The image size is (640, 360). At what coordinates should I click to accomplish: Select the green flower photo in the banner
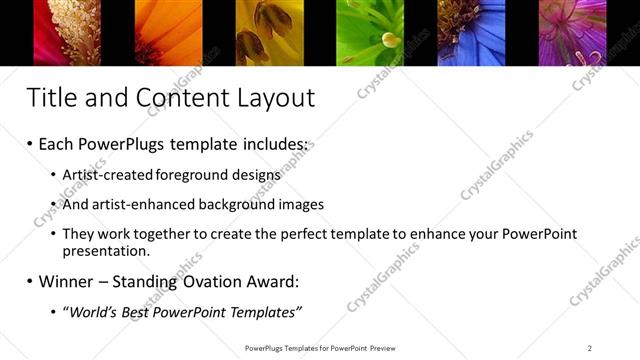point(369,32)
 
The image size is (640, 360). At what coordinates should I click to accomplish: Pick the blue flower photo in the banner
point(471,32)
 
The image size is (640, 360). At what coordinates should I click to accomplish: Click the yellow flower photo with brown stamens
point(269,32)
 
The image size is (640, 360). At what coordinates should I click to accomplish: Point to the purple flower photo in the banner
point(572,32)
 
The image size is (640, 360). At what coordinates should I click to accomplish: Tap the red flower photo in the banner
point(69,32)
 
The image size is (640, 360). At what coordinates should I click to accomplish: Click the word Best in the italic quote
point(133,313)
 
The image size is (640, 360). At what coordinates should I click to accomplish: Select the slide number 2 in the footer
point(589,347)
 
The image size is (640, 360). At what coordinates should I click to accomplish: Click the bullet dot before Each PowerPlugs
point(29,145)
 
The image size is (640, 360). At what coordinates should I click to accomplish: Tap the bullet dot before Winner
point(29,282)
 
